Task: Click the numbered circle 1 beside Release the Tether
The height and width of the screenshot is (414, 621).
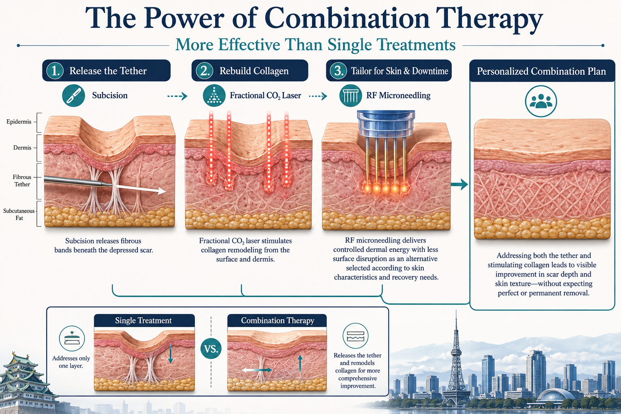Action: [55, 71]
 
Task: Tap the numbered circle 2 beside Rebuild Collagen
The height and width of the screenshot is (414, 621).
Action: [205, 71]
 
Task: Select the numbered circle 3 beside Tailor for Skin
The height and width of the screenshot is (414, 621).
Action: [338, 71]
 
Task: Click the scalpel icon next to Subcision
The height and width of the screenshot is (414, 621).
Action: [74, 95]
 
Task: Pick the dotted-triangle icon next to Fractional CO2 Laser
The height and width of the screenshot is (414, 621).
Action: [214, 95]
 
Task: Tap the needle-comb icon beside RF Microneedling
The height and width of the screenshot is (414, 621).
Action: [351, 95]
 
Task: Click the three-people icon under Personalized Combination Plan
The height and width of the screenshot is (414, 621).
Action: [541, 101]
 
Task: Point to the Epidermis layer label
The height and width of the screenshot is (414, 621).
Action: [19, 122]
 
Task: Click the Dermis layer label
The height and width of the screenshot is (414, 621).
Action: [22, 148]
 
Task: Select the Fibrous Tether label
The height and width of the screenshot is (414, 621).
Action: [22, 180]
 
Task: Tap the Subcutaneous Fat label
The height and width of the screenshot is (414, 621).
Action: [19, 214]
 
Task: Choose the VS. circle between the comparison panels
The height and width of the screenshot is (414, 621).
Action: [211, 349]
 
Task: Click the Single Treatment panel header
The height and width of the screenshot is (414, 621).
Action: [144, 321]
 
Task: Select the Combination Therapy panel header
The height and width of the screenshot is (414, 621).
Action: [277, 321]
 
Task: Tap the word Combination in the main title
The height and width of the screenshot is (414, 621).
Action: [346, 18]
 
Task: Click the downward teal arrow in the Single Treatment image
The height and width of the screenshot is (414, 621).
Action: [171, 353]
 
